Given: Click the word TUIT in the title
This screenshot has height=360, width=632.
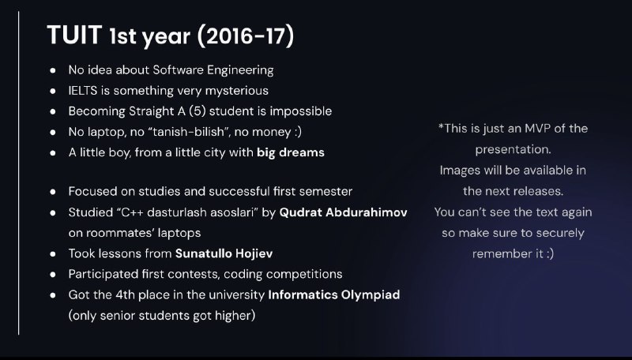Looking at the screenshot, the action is click(x=74, y=35).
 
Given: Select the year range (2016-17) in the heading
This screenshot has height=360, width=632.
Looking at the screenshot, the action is click(x=246, y=36).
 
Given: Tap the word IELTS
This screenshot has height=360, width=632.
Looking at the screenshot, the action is click(x=83, y=91).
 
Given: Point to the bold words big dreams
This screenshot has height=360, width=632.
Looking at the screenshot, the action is click(x=291, y=152).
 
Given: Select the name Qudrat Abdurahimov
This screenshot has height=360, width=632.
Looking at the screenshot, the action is click(x=343, y=212).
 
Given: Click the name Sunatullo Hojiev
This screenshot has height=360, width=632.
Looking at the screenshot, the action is click(x=224, y=253).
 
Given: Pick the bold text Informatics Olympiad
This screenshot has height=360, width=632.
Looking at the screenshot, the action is click(x=333, y=294).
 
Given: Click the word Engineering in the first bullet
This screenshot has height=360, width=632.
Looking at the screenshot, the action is click(x=240, y=70).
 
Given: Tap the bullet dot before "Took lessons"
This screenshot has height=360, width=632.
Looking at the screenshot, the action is click(x=53, y=253).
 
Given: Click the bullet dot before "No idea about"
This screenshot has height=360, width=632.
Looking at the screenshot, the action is click(x=53, y=70).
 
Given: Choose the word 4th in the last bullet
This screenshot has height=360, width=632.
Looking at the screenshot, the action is click(x=125, y=294).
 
